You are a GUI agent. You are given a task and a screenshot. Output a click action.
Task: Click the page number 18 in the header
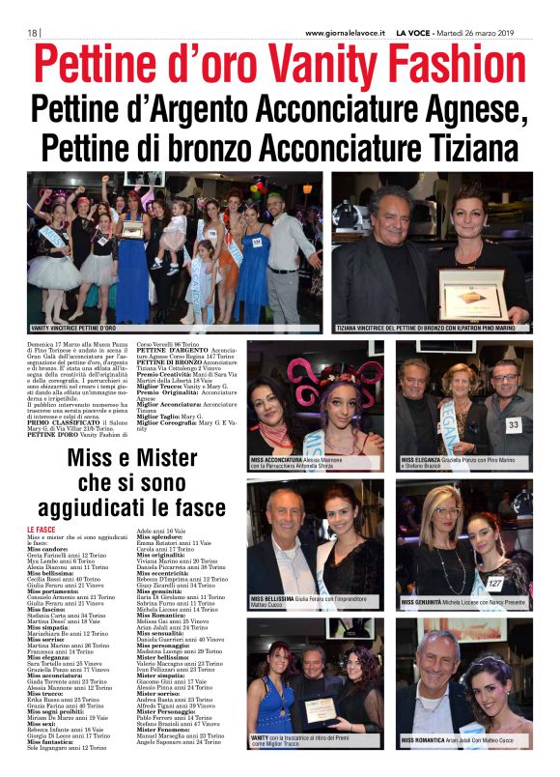(32, 33)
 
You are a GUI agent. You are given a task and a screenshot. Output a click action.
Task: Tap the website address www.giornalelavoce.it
(344, 33)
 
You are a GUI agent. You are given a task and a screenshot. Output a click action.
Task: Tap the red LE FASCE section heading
(42, 531)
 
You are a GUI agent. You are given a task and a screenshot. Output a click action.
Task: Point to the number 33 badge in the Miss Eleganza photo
(514, 424)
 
